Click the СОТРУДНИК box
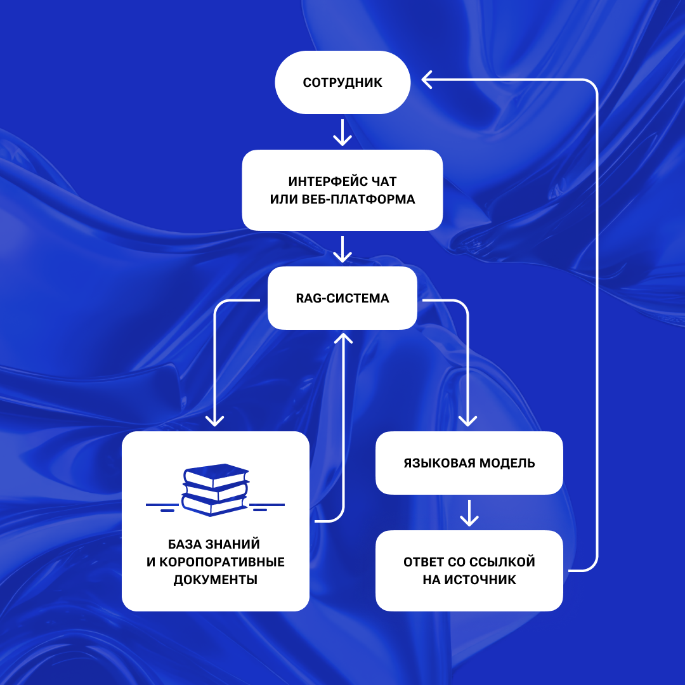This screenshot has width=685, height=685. tap(342, 82)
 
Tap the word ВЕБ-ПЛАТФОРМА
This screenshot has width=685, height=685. tap(362, 199)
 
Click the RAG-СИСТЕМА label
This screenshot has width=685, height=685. tap(342, 297)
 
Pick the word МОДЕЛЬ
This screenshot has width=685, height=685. tap(507, 463)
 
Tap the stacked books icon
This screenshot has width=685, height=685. tap(216, 489)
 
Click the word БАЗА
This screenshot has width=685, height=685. tap(184, 544)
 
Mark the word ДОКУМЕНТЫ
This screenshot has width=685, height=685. tap(216, 580)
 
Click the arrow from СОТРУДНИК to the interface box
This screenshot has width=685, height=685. tap(342, 131)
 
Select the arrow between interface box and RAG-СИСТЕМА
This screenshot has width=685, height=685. tap(342, 249)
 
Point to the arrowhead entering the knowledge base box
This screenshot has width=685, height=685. tap(216, 420)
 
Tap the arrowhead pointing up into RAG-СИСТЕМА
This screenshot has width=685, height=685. tap(342, 337)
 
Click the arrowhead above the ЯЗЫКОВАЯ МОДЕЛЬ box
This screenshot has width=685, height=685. tap(469, 420)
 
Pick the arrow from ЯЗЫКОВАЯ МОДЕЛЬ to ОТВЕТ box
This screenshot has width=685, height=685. tap(469, 512)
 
